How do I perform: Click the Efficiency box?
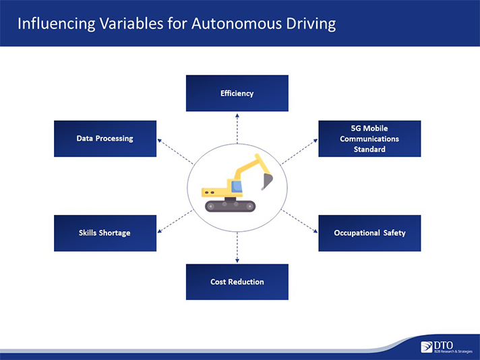pyautogui.click(x=237, y=93)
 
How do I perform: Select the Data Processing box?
pyautogui.click(x=105, y=139)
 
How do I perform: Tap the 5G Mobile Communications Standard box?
pyautogui.click(x=369, y=139)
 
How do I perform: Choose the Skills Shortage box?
pyautogui.click(x=105, y=233)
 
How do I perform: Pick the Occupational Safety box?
pyautogui.click(x=369, y=233)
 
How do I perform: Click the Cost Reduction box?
pyautogui.click(x=237, y=282)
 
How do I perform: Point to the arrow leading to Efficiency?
pyautogui.click(x=237, y=129)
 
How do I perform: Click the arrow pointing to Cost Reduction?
pyautogui.click(x=237, y=247)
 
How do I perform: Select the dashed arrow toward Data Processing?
pyautogui.click(x=175, y=152)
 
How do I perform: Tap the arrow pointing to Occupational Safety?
pyautogui.click(x=299, y=221)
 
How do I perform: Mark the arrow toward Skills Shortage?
pyautogui.click(x=175, y=221)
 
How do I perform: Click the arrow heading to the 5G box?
pyautogui.click(x=299, y=152)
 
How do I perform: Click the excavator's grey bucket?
pyautogui.click(x=267, y=181)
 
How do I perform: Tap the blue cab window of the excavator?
pyautogui.click(x=237, y=187)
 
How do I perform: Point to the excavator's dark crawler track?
pyautogui.click(x=230, y=206)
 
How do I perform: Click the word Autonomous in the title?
pyautogui.click(x=237, y=24)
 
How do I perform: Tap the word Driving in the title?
pyautogui.click(x=311, y=24)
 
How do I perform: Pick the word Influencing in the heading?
pyautogui.click(x=57, y=24)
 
